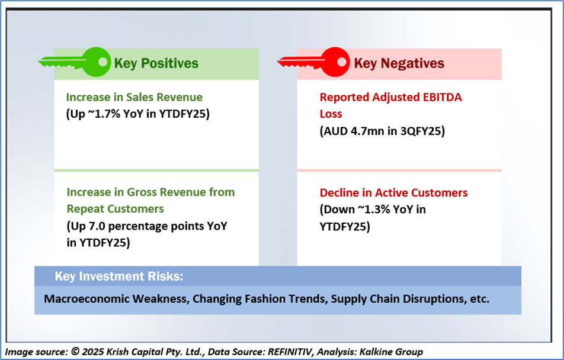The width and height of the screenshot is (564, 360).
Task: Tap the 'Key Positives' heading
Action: [x=156, y=63]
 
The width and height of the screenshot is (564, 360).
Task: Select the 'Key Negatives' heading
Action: [x=399, y=63]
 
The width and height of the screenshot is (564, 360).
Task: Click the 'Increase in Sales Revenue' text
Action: [x=134, y=97]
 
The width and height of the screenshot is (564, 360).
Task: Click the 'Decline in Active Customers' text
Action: [x=393, y=193]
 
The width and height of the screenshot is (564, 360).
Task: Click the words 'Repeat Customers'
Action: [x=115, y=209]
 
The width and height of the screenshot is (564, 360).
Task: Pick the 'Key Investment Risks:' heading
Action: [x=119, y=276]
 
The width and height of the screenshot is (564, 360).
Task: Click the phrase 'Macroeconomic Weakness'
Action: [x=116, y=299]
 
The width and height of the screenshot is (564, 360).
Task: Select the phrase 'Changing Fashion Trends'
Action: [x=259, y=299]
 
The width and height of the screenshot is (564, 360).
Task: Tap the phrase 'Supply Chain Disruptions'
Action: [x=399, y=299]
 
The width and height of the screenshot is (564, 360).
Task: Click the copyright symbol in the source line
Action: [x=75, y=351]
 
